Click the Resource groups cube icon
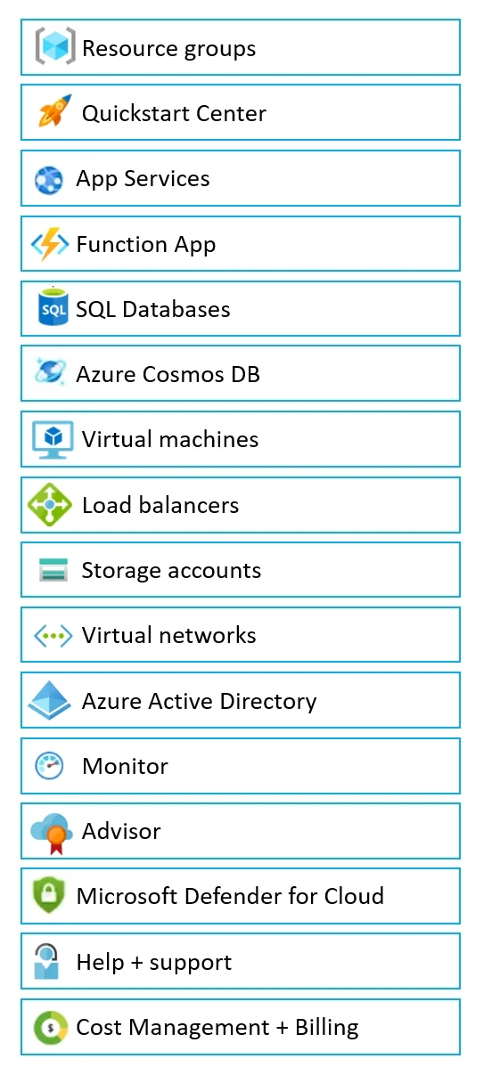[55, 46]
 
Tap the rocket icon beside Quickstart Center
[54, 110]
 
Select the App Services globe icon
[48, 181]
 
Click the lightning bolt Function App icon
[50, 243]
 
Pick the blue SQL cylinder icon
[53, 306]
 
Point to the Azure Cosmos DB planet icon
[50, 371]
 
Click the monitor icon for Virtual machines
[53, 439]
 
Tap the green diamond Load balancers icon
[50, 504]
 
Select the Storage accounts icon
[53, 570]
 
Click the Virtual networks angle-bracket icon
[53, 637]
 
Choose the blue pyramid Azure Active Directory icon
[50, 701]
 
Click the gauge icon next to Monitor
[49, 765]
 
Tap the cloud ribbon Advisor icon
[52, 834]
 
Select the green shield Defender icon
[48, 894]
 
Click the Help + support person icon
[46, 961]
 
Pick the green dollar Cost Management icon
[51, 1027]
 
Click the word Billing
[326, 1028]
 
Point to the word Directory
[268, 701]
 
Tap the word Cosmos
[183, 374]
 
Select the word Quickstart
[136, 113]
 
